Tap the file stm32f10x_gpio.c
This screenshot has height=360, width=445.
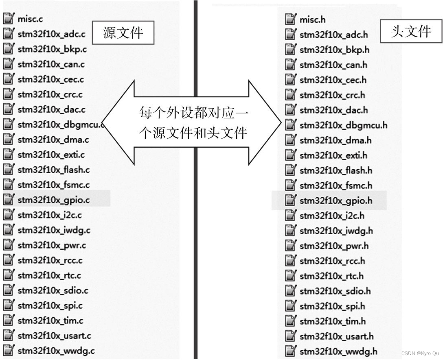(53, 200)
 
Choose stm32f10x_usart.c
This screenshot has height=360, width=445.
(54, 336)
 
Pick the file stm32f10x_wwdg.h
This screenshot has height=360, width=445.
(338, 351)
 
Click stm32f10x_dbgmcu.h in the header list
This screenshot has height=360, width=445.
(343, 125)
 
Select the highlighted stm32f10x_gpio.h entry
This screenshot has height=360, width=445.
(335, 201)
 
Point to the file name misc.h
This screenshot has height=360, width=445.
(312, 20)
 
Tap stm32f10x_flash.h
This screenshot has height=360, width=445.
(336, 170)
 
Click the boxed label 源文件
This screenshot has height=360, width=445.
(123, 33)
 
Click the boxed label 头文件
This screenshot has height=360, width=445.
(411, 31)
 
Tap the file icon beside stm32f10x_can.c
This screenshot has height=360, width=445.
(9, 64)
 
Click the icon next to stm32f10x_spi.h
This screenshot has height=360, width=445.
(290, 306)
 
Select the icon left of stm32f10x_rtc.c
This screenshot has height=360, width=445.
(9, 275)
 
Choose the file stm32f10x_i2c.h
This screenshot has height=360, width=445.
(332, 216)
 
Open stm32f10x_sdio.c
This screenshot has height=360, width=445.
(53, 290)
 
